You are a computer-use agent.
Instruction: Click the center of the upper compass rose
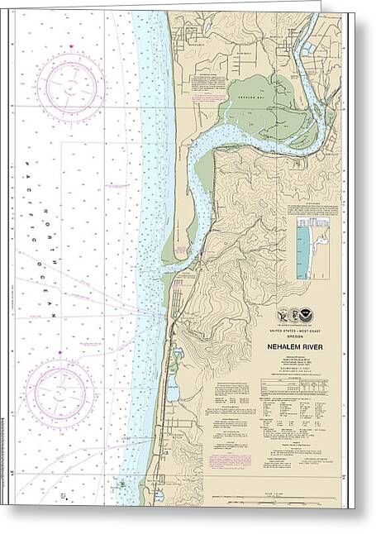[x=70, y=86]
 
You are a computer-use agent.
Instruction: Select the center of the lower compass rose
[x=59, y=392]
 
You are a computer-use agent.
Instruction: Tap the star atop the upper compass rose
[x=71, y=46]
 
